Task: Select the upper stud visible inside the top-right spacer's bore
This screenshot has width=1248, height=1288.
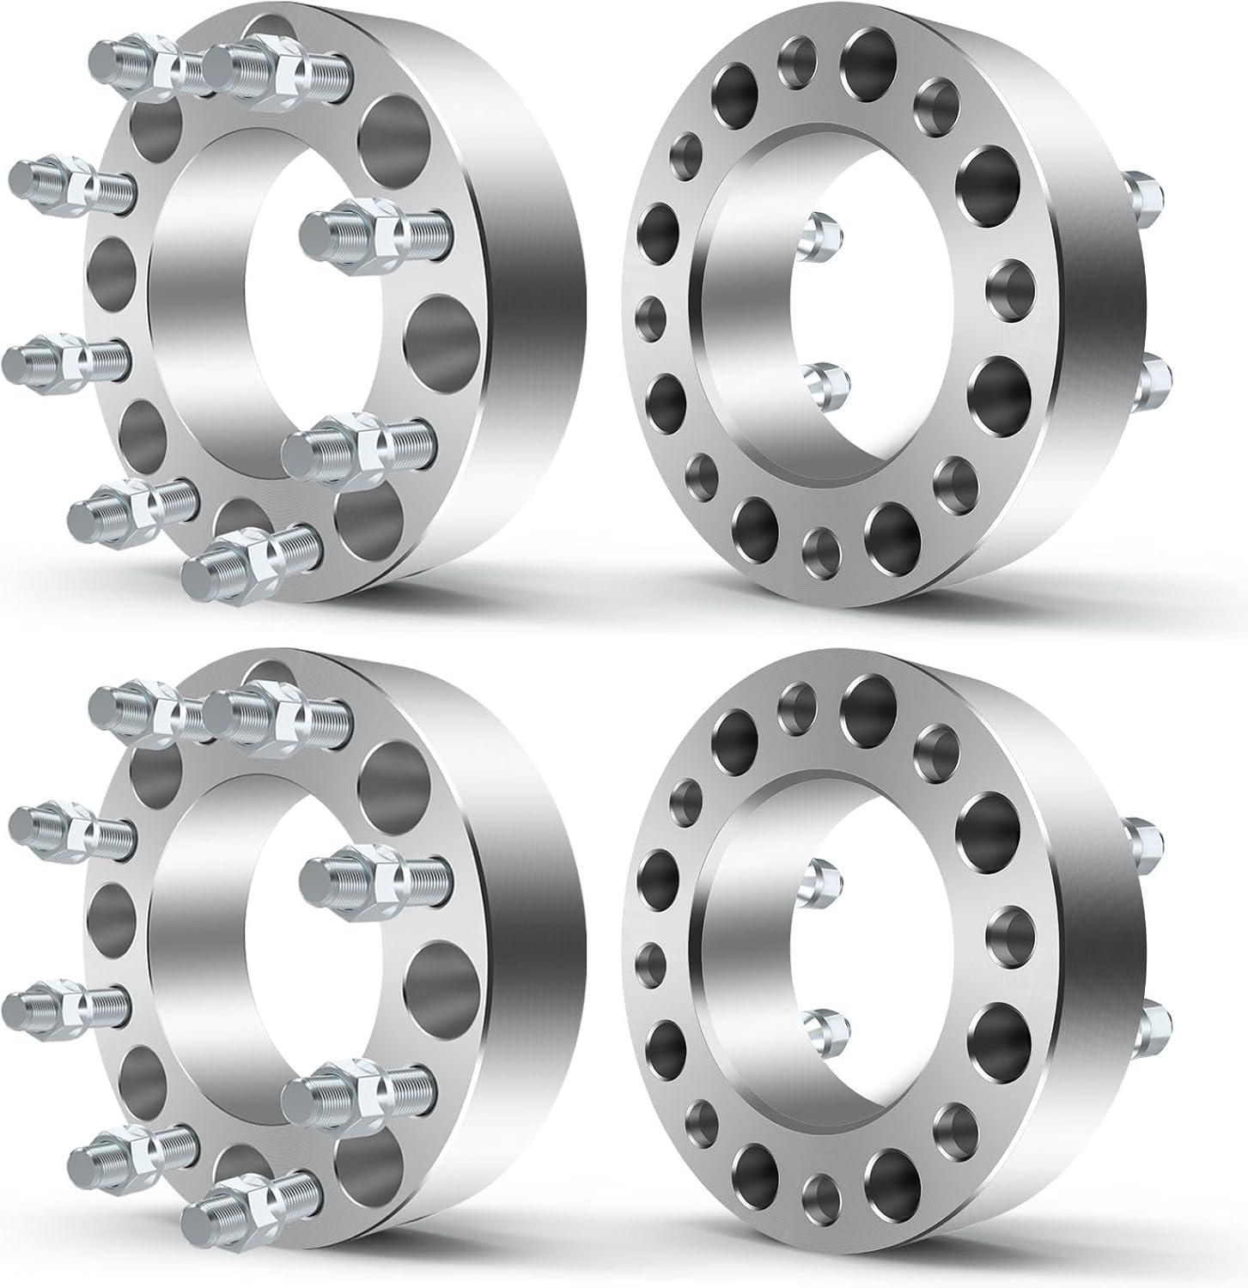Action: click(x=820, y=237)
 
